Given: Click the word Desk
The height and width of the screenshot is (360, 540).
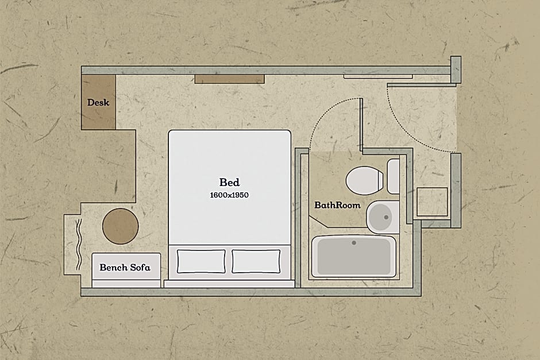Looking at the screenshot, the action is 98,103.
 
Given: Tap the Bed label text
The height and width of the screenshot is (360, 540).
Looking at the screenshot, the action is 229,182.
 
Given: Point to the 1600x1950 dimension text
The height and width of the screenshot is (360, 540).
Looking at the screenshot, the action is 229,195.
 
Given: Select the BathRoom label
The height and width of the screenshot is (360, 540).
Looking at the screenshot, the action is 338,205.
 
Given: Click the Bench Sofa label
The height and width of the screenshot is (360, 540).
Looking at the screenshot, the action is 125,268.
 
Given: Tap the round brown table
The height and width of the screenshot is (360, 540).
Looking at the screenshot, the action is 121,226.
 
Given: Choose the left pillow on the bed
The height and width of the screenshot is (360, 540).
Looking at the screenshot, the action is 201,262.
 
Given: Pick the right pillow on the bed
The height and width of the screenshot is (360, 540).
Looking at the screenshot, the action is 256,262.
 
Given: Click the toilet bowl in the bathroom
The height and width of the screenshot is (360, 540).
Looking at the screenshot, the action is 364,181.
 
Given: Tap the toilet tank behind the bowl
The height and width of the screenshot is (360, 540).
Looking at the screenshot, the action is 394,177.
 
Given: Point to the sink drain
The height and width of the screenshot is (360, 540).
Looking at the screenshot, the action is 386,217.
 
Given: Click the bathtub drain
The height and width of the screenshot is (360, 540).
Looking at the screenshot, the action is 354,243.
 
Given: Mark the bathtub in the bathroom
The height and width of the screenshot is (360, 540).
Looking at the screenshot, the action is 354,257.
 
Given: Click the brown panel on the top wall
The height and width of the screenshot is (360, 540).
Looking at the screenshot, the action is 230,79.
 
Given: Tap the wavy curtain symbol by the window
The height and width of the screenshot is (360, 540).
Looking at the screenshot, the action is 79,245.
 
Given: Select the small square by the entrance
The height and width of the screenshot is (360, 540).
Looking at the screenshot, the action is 432,202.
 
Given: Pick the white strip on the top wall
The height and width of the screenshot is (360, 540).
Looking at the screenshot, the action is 378,76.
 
